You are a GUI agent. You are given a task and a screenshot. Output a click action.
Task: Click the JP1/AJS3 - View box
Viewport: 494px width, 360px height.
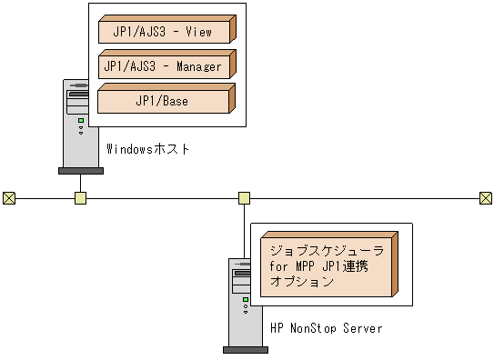(164, 31)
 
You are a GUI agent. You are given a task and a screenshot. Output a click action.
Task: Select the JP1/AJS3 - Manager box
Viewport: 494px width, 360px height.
(164, 65)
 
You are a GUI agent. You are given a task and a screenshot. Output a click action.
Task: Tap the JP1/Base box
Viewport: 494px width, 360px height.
(164, 100)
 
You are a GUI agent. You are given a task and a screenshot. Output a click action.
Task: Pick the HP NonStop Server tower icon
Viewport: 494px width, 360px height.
(244, 301)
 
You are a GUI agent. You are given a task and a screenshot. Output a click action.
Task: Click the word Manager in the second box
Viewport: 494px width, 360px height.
(199, 66)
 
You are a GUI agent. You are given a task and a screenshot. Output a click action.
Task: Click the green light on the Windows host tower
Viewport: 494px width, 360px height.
(80, 120)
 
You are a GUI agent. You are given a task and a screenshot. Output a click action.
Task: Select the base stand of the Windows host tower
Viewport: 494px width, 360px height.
(80, 170)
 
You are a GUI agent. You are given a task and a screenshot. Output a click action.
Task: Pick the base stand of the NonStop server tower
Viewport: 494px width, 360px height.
(244, 348)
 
